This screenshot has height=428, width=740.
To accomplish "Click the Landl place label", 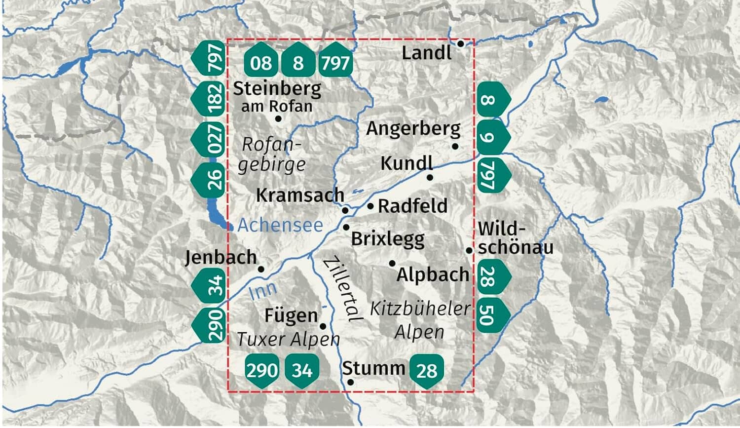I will tap(426, 53).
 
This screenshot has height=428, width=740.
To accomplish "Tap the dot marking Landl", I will tap(460, 43).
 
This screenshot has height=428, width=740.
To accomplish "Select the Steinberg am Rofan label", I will tap(277, 97).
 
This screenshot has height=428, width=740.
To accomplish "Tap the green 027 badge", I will tap(210, 139).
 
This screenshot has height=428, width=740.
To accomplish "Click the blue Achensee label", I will tap(280, 225).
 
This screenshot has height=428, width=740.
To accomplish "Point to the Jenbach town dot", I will tap(261, 269).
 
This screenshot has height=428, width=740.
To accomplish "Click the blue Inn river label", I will tap(263, 291).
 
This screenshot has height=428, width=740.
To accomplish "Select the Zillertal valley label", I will tap(342, 289).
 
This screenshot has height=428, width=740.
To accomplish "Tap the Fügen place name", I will tap(291, 315).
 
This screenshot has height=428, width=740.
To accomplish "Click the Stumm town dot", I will tap(350, 382).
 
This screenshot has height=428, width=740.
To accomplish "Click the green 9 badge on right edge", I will tap(492, 137).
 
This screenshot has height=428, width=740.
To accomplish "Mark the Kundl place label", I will tap(406, 163).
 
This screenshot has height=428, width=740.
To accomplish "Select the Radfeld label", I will tap(412, 206).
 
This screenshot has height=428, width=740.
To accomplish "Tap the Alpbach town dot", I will tap(392, 264).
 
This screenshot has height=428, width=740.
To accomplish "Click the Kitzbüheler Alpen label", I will tap(420, 320).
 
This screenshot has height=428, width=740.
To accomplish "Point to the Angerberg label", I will tap(413, 129).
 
